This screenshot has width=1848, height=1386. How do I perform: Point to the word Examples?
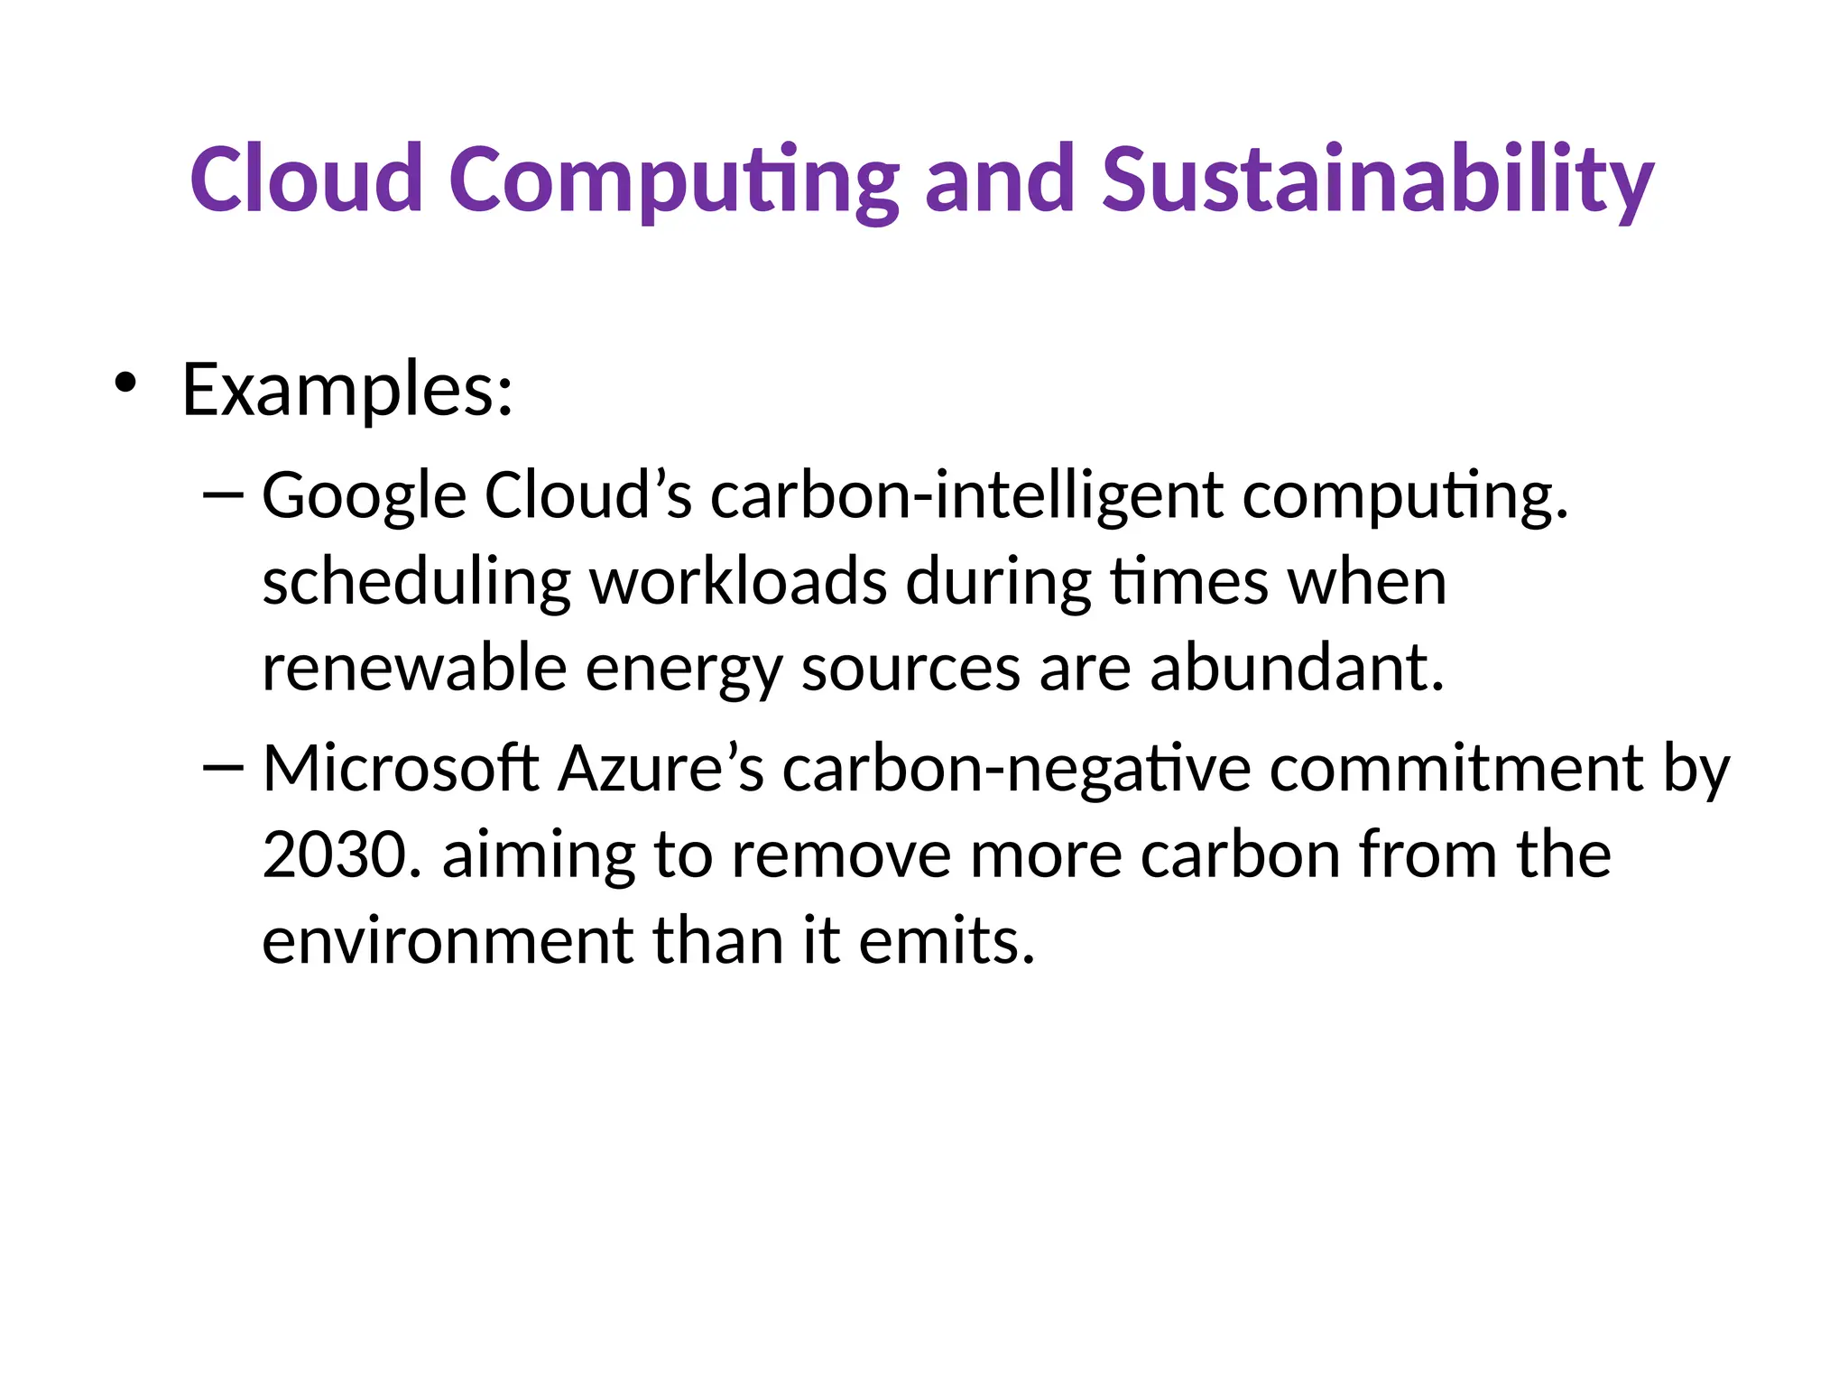coord(347,390)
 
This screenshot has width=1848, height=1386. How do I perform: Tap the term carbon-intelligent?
coord(966,498)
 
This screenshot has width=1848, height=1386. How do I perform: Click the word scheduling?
coord(416,584)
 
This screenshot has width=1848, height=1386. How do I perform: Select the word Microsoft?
coord(401,769)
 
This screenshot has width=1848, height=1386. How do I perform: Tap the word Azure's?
coord(661,769)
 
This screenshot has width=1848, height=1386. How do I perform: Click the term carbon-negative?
coord(1016,769)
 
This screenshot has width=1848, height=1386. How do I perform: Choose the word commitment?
coord(1456,769)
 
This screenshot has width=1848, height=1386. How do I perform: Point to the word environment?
coord(448,940)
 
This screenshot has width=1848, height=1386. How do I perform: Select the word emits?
coord(946,940)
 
